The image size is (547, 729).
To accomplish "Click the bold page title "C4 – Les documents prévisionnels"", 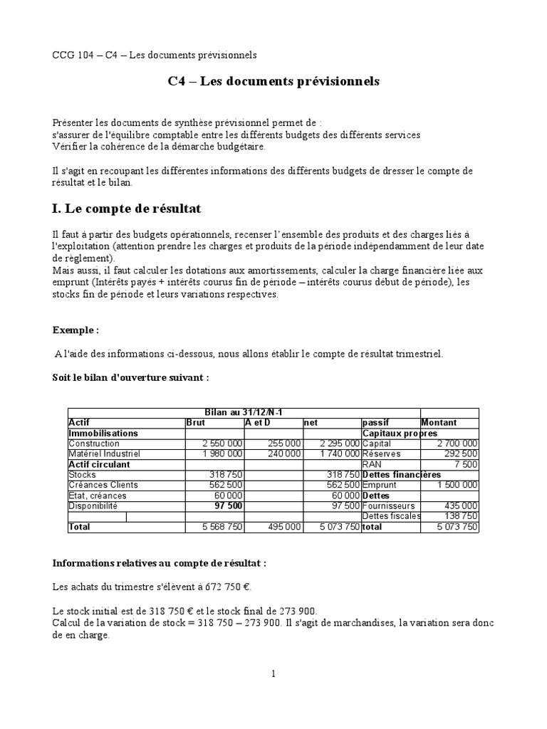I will tap(273, 82).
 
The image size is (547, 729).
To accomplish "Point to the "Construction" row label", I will tap(95, 444).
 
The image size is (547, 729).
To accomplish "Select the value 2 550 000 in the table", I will tap(222, 444).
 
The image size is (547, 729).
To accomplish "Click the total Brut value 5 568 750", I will tap(222, 528).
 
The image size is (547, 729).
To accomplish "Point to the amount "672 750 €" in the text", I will tap(227, 588).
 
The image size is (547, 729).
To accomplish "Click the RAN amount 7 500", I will tap(466, 464).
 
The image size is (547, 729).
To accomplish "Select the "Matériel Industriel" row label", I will tap(104, 454).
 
